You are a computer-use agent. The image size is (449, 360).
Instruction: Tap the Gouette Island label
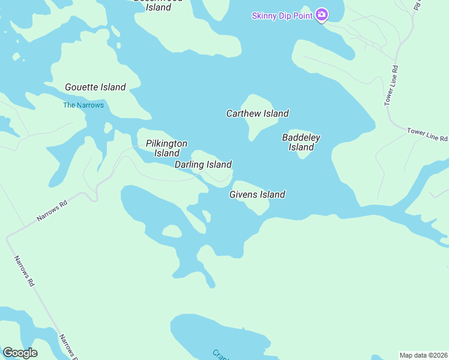pos(95,88)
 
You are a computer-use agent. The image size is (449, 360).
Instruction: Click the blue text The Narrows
pos(83,106)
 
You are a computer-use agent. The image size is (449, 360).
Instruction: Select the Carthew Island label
pos(258,113)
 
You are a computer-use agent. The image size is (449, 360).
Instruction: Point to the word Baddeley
pos(301,138)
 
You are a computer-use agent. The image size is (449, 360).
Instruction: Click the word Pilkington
pos(167,143)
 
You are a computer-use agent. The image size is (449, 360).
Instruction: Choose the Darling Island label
pos(203,164)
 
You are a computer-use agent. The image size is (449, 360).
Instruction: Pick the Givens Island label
pos(257,194)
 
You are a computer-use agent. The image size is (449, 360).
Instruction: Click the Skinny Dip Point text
pos(282,16)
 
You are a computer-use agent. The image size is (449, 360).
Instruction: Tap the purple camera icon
pos(322,14)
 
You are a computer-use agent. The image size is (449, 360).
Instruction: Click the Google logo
pos(20,353)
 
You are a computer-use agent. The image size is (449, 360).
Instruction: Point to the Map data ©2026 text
pos(423,355)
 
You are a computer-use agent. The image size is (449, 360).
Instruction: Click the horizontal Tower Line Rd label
pos(427,134)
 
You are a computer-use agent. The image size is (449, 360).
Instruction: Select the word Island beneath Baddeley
pos(301,148)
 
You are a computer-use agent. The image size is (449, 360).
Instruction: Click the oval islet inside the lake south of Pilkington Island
pos(172,231)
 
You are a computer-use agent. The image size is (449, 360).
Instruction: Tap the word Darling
pos(190,164)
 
